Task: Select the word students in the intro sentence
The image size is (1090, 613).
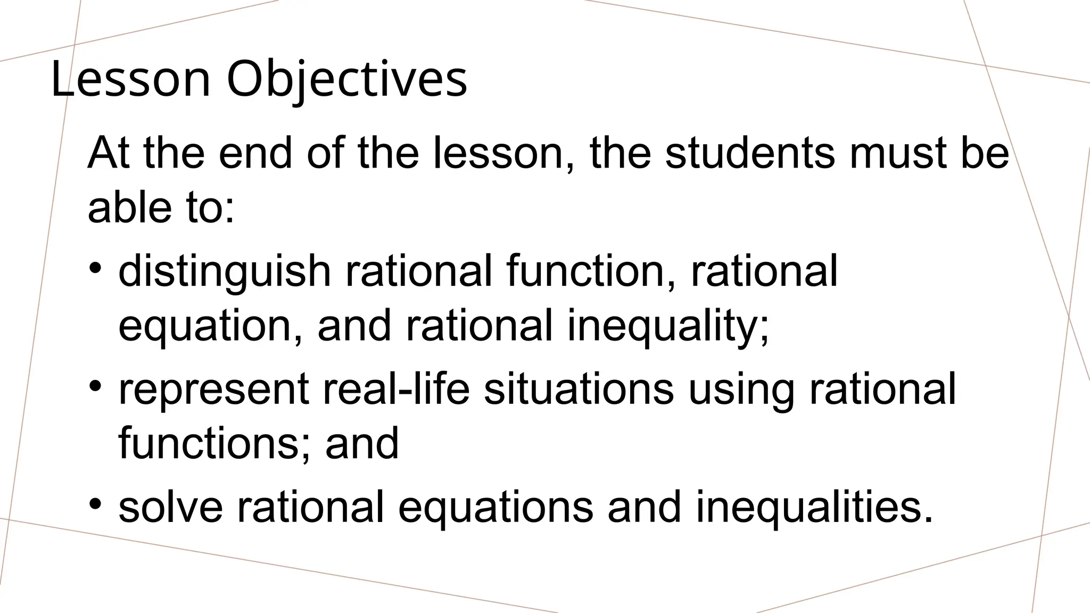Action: tap(750, 153)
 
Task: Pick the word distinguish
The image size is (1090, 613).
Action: tap(224, 271)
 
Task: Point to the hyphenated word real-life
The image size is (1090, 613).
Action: tap(397, 388)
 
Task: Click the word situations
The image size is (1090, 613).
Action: tap(579, 388)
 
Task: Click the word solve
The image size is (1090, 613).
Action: tap(170, 507)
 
